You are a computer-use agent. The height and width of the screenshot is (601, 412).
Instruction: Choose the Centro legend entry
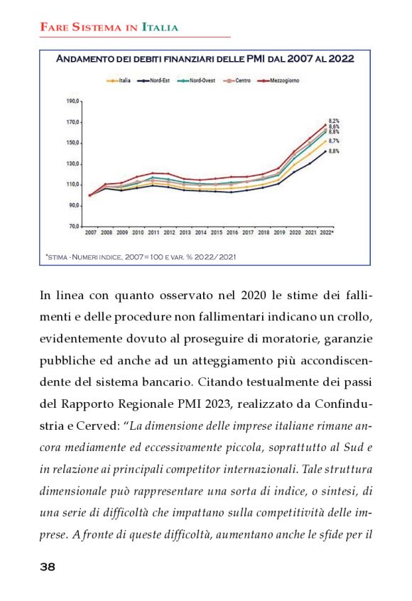(239, 81)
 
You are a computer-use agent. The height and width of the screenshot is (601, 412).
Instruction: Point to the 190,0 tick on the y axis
(73, 101)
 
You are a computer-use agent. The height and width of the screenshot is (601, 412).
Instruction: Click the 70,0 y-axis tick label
(75, 226)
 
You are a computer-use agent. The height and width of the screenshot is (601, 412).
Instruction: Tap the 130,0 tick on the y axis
(73, 163)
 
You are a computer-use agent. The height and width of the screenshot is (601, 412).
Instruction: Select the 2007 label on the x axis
(90, 232)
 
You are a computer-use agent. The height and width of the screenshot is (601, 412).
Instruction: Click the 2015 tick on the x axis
(217, 232)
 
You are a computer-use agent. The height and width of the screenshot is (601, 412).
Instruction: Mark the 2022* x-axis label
(327, 232)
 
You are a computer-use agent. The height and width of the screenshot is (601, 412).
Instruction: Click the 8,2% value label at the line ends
(334, 121)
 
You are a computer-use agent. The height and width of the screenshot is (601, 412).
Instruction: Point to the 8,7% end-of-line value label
(334, 141)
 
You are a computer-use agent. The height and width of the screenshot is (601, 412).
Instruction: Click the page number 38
(48, 567)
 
